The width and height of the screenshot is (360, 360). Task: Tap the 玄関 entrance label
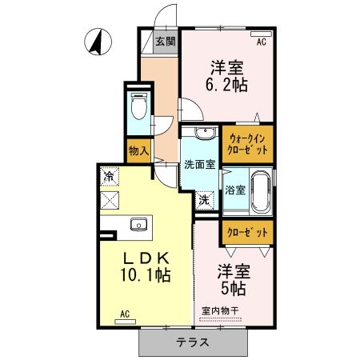coord(166,41)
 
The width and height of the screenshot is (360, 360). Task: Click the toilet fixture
coord(138,107)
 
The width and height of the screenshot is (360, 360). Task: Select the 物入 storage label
coord(138,150)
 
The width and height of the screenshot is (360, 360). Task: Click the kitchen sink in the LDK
coord(137,225)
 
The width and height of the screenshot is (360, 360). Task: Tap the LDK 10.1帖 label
coord(146,266)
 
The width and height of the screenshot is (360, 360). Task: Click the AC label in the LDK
coord(125,314)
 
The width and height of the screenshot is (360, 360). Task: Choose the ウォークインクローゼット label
coord(247,144)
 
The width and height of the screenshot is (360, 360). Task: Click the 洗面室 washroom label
coord(198,165)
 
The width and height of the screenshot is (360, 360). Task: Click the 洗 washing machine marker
coord(205,199)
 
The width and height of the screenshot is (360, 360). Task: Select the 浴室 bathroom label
coord(234,191)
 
